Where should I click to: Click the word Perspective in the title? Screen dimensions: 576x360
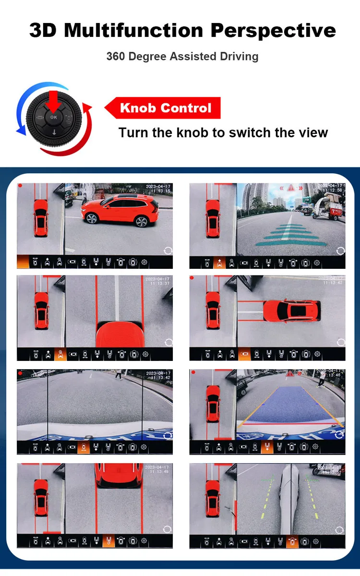[x=273, y=31]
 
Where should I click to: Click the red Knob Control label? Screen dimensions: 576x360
[x=165, y=108]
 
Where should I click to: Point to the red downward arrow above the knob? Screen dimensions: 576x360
[x=53, y=101]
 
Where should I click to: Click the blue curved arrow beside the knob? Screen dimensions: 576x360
[x=22, y=110]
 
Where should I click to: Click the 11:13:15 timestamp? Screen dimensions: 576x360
[x=159, y=191]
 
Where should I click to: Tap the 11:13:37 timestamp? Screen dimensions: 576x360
[x=159, y=283]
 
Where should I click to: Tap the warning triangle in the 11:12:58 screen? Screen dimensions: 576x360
[x=291, y=189]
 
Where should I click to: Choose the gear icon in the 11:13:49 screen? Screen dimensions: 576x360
[x=144, y=541]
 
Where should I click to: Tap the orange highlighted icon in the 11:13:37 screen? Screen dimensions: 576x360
[x=60, y=354]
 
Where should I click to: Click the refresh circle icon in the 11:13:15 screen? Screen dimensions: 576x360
[x=168, y=250]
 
